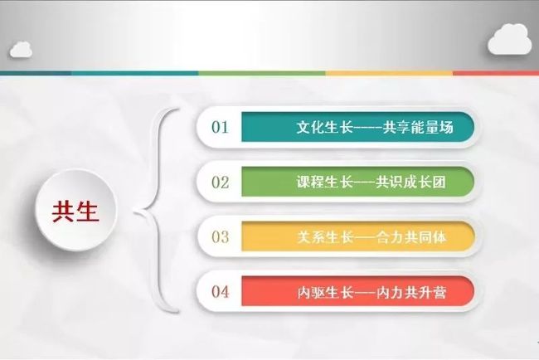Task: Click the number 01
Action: (220, 127)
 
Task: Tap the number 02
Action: (220, 182)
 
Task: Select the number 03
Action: (220, 237)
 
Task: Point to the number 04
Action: (220, 292)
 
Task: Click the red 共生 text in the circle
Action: (75, 212)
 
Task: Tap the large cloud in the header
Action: (509, 39)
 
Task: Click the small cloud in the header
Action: (21, 49)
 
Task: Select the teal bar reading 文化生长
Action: (358, 127)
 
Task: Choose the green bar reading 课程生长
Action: (358, 182)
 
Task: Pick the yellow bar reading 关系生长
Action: (358, 236)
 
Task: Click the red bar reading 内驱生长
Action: (358, 291)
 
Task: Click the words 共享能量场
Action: (418, 128)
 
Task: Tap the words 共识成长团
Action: (410, 182)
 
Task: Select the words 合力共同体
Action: (411, 237)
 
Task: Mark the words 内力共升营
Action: (411, 292)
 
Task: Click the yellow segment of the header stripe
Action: (389, 73)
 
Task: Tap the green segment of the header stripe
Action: (262, 73)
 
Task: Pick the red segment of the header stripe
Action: (496, 73)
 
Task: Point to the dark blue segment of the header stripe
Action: (36, 73)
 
